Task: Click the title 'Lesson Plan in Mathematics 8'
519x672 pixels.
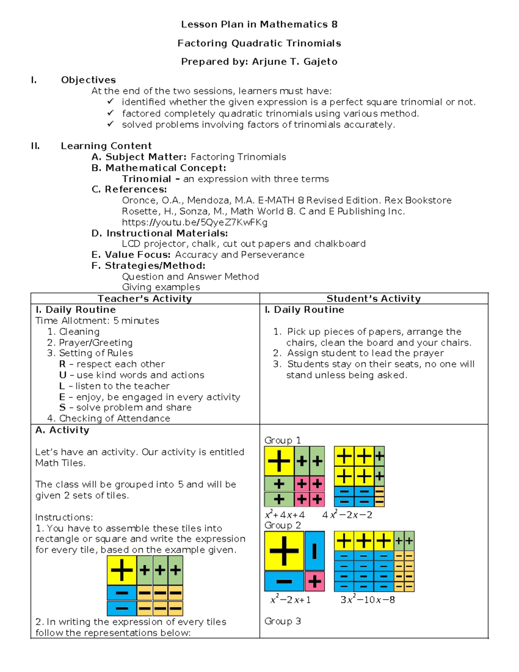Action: [x=259, y=25]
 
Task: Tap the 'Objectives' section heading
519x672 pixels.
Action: [x=88, y=80]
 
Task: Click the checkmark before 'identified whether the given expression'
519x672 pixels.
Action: [x=111, y=102]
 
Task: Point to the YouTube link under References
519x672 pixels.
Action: [x=195, y=222]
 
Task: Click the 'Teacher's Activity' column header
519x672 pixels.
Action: [x=144, y=299]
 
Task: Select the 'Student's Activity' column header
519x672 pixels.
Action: [x=373, y=299]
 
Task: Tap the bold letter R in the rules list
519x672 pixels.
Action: [x=63, y=364]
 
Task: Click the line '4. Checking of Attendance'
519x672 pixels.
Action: [x=109, y=418]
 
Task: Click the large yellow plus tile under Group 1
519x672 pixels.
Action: [x=279, y=461]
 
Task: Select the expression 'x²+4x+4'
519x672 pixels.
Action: [x=285, y=515]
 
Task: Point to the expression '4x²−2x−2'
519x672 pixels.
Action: [x=347, y=515]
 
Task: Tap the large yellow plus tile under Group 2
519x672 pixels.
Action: [x=284, y=551]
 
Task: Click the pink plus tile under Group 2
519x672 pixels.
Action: [x=314, y=581]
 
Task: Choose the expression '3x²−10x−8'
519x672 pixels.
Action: [x=367, y=600]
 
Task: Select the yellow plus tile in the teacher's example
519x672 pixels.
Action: [x=122, y=570]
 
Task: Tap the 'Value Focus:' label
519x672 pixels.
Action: [x=138, y=255]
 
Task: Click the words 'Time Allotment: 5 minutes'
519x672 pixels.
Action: [x=97, y=321]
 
